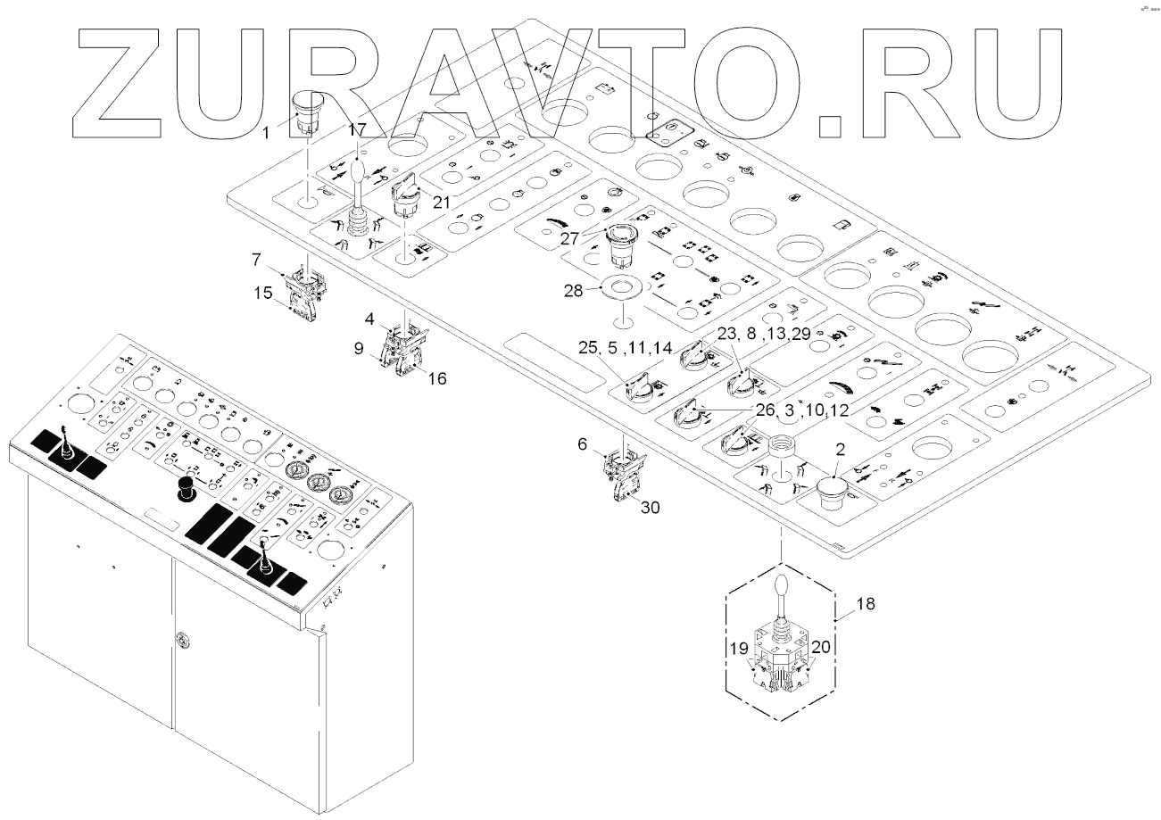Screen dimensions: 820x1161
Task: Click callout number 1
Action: point(266,133)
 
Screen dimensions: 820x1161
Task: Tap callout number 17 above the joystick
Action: point(357,130)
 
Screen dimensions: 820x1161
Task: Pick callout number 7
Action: point(256,260)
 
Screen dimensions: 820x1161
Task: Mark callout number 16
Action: point(436,378)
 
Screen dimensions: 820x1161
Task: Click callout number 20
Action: point(822,650)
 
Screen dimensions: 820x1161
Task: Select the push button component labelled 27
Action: point(619,249)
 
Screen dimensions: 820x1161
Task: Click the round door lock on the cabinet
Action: point(181,639)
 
